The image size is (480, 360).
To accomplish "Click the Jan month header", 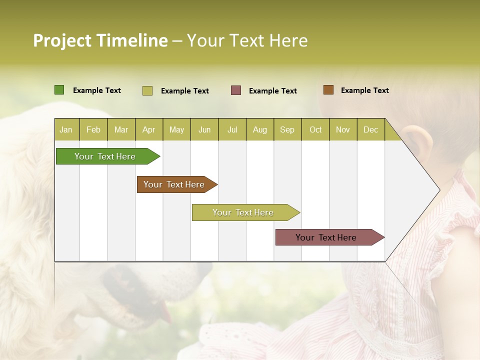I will tap(66, 129).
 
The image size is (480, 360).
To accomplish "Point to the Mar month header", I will tap(121, 129).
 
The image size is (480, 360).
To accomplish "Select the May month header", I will tap(176, 129).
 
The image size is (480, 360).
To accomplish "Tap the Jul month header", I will tap(232, 129).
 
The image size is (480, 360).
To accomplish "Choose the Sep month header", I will tap(287, 129).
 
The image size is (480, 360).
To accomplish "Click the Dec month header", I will tap(370, 129).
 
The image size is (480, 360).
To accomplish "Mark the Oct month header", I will tap(315, 129).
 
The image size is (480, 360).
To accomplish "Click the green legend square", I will tap(59, 90).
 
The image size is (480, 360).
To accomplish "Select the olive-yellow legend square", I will tap(147, 90).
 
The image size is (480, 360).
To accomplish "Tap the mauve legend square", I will tap(236, 90).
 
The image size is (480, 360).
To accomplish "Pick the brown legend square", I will tap(328, 90).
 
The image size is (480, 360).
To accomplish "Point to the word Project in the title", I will tap(62, 40).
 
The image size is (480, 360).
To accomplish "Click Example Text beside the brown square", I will tap(364, 90).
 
